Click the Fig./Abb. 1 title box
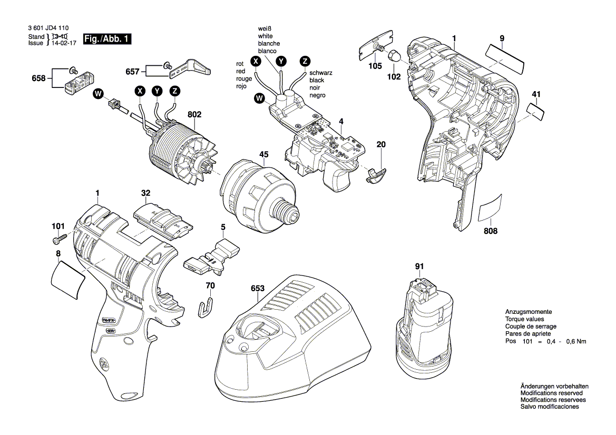click(x=107, y=39)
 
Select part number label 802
click(x=194, y=114)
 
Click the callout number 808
click(x=491, y=231)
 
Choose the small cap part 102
click(x=394, y=56)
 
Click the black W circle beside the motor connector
click(x=97, y=94)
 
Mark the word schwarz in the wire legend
click(x=321, y=73)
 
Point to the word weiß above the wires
click(x=265, y=28)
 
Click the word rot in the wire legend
click(x=240, y=64)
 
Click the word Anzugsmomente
click(x=528, y=312)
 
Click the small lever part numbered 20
click(x=375, y=174)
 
